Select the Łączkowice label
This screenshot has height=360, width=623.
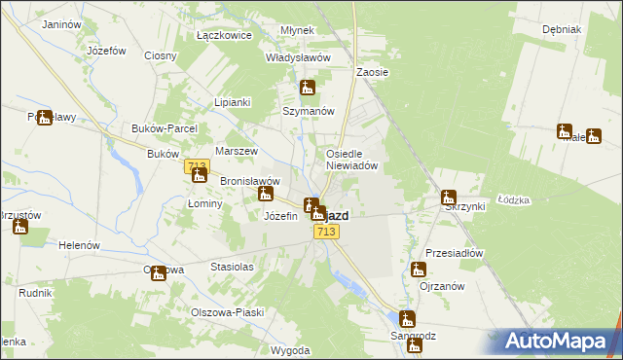click(224, 35)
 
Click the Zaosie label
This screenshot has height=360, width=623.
click(372, 72)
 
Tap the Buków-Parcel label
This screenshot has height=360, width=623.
click(165, 127)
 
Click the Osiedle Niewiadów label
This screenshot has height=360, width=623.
click(357, 160)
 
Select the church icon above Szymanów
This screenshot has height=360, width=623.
click(308, 89)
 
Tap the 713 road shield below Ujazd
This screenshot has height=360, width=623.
click(326, 232)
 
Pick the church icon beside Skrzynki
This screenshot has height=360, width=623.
click(448, 198)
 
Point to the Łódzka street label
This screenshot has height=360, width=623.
click(512, 199)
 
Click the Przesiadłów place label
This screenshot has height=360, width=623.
click(455, 252)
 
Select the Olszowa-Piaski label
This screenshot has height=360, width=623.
click(225, 312)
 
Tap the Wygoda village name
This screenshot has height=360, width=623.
click(291, 349)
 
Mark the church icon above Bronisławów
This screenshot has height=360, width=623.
click(199, 175)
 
